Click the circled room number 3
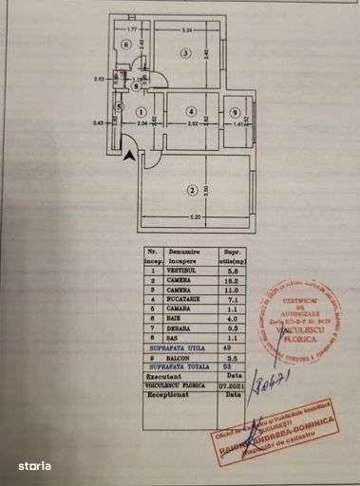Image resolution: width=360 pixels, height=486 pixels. click(x=187, y=53)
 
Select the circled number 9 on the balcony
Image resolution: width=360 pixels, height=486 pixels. click(x=235, y=113)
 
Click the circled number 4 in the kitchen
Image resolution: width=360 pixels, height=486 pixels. click(x=193, y=112)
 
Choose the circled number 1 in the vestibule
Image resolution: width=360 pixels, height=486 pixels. click(x=141, y=112)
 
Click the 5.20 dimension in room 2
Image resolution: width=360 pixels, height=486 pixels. click(x=195, y=219)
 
